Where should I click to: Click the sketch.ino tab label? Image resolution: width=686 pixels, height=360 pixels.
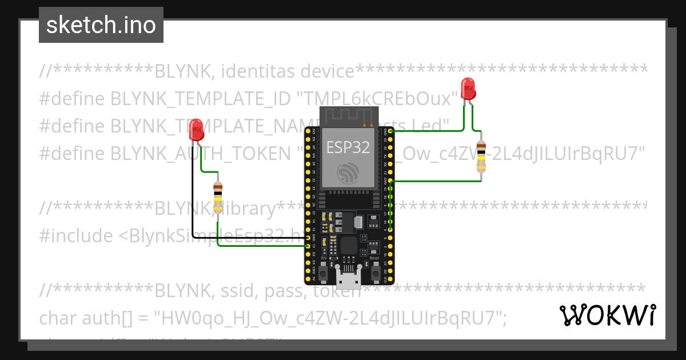[101, 25]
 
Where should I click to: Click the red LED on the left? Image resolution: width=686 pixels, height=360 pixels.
[196, 129]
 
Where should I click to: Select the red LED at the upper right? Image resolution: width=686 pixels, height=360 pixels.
[468, 88]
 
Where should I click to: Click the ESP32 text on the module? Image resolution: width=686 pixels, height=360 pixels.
[348, 147]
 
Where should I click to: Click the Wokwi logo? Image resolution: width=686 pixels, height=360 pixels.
[607, 315]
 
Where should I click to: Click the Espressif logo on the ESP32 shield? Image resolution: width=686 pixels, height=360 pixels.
[348, 172]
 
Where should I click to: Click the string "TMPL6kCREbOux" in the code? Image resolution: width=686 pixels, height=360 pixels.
[377, 99]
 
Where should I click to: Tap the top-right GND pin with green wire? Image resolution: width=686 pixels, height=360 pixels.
[390, 131]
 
